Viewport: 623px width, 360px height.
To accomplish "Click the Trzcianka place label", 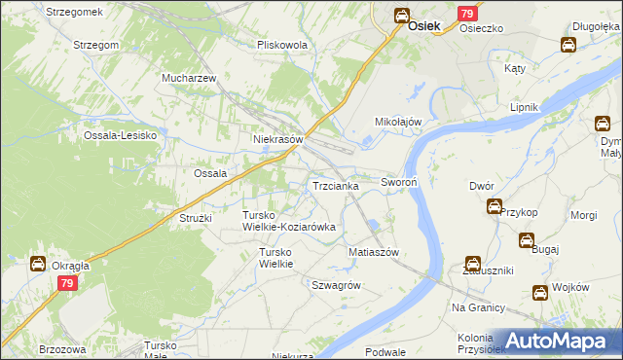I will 336,185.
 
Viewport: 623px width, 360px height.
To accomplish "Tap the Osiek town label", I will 427,28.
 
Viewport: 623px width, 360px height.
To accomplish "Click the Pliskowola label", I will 282,45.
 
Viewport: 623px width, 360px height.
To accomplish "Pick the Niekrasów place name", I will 278,139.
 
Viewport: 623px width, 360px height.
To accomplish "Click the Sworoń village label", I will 399,182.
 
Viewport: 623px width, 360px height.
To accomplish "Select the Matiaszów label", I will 375,252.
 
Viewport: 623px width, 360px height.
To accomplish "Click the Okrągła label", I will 72,265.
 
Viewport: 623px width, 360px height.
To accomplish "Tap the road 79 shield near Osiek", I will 468,14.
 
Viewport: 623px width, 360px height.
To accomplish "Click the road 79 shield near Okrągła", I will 66,283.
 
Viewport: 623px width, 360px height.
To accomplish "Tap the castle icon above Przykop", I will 495,206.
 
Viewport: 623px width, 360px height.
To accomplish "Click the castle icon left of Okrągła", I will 37,264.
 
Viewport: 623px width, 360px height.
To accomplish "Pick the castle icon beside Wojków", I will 539,292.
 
